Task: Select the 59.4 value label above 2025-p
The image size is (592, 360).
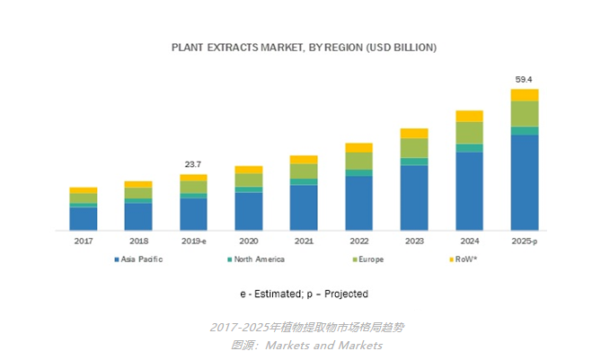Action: pyautogui.click(x=525, y=80)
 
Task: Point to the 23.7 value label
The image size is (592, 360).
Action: pyautogui.click(x=192, y=164)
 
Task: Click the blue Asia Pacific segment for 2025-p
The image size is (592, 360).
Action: pyautogui.click(x=525, y=182)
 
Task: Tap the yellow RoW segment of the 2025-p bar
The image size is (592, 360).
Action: pyautogui.click(x=525, y=95)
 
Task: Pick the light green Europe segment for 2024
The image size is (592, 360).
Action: pyautogui.click(x=469, y=133)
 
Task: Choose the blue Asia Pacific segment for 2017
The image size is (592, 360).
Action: pyautogui.click(x=83, y=218)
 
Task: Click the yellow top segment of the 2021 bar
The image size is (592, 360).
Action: pyautogui.click(x=304, y=160)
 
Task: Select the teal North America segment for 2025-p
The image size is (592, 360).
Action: pyautogui.click(x=525, y=131)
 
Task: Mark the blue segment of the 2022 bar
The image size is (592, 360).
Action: pyautogui.click(x=358, y=202)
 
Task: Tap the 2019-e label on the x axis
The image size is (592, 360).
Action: pyautogui.click(x=193, y=241)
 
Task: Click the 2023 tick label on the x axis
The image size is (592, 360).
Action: pyautogui.click(x=414, y=241)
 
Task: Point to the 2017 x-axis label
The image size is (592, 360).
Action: pyautogui.click(x=83, y=241)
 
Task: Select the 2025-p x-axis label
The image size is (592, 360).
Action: pyautogui.click(x=525, y=241)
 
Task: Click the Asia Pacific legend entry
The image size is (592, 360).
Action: pyautogui.click(x=138, y=259)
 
